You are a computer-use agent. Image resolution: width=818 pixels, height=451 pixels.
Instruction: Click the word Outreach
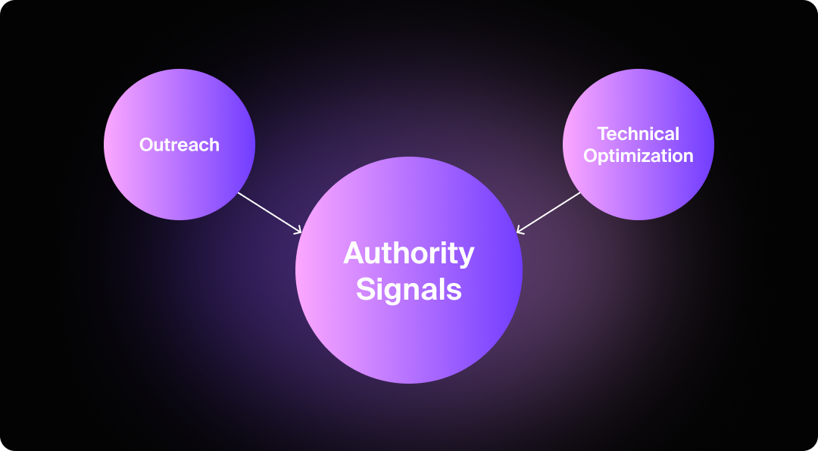coord(180,145)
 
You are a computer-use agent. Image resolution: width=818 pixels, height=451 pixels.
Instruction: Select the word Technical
coord(638,134)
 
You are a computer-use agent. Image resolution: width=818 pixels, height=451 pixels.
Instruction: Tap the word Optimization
coord(638,157)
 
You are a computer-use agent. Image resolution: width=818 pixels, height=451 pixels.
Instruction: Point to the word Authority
coord(409,253)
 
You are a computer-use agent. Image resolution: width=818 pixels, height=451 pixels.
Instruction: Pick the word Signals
coord(409,289)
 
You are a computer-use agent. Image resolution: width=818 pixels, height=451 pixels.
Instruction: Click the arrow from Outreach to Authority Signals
coord(270,212)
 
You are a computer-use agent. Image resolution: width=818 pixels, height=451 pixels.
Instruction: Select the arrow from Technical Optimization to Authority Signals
coord(548,212)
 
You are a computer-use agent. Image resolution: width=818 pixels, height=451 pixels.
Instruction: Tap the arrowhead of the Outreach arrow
coord(300,231)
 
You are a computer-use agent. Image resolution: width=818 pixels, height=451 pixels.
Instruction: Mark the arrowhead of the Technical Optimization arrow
coord(518,231)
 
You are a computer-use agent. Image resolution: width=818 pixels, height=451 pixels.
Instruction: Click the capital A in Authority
coord(355,253)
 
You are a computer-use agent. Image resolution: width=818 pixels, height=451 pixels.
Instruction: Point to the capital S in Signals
coord(366,289)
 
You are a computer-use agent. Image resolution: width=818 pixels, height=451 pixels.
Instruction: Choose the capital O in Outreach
coord(146,145)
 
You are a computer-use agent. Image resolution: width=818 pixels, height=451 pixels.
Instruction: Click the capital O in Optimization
coord(591,157)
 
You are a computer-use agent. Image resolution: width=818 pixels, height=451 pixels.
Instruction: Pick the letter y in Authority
coord(466,257)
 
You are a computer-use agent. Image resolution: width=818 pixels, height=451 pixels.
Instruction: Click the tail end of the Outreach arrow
coord(239,193)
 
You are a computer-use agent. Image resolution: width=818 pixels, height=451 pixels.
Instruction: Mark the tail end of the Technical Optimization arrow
coord(579,193)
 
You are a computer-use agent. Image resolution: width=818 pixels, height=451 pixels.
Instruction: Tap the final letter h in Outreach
coord(214,145)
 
